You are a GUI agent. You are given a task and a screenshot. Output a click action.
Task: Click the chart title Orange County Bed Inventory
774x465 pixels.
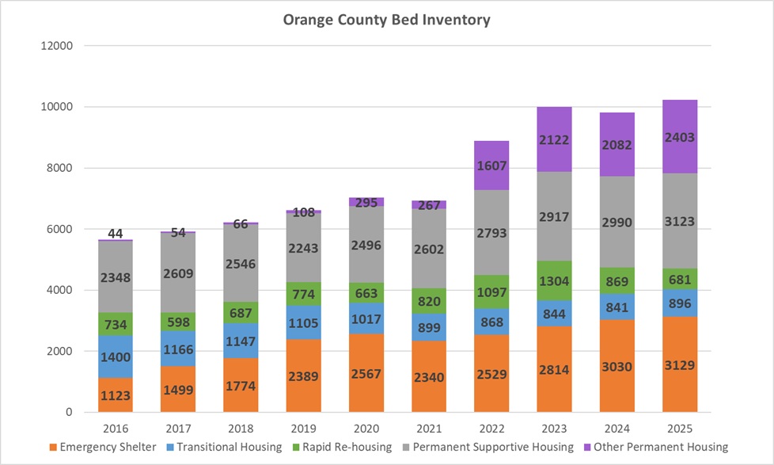(x=386, y=20)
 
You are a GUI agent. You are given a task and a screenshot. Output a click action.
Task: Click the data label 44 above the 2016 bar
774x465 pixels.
(x=116, y=234)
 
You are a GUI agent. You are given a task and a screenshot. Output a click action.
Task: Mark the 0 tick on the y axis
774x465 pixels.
(x=69, y=413)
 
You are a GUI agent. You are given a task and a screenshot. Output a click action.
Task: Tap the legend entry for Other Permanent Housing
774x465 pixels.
(x=662, y=447)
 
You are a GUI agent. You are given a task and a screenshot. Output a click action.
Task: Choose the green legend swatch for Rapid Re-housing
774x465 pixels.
(x=297, y=447)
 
